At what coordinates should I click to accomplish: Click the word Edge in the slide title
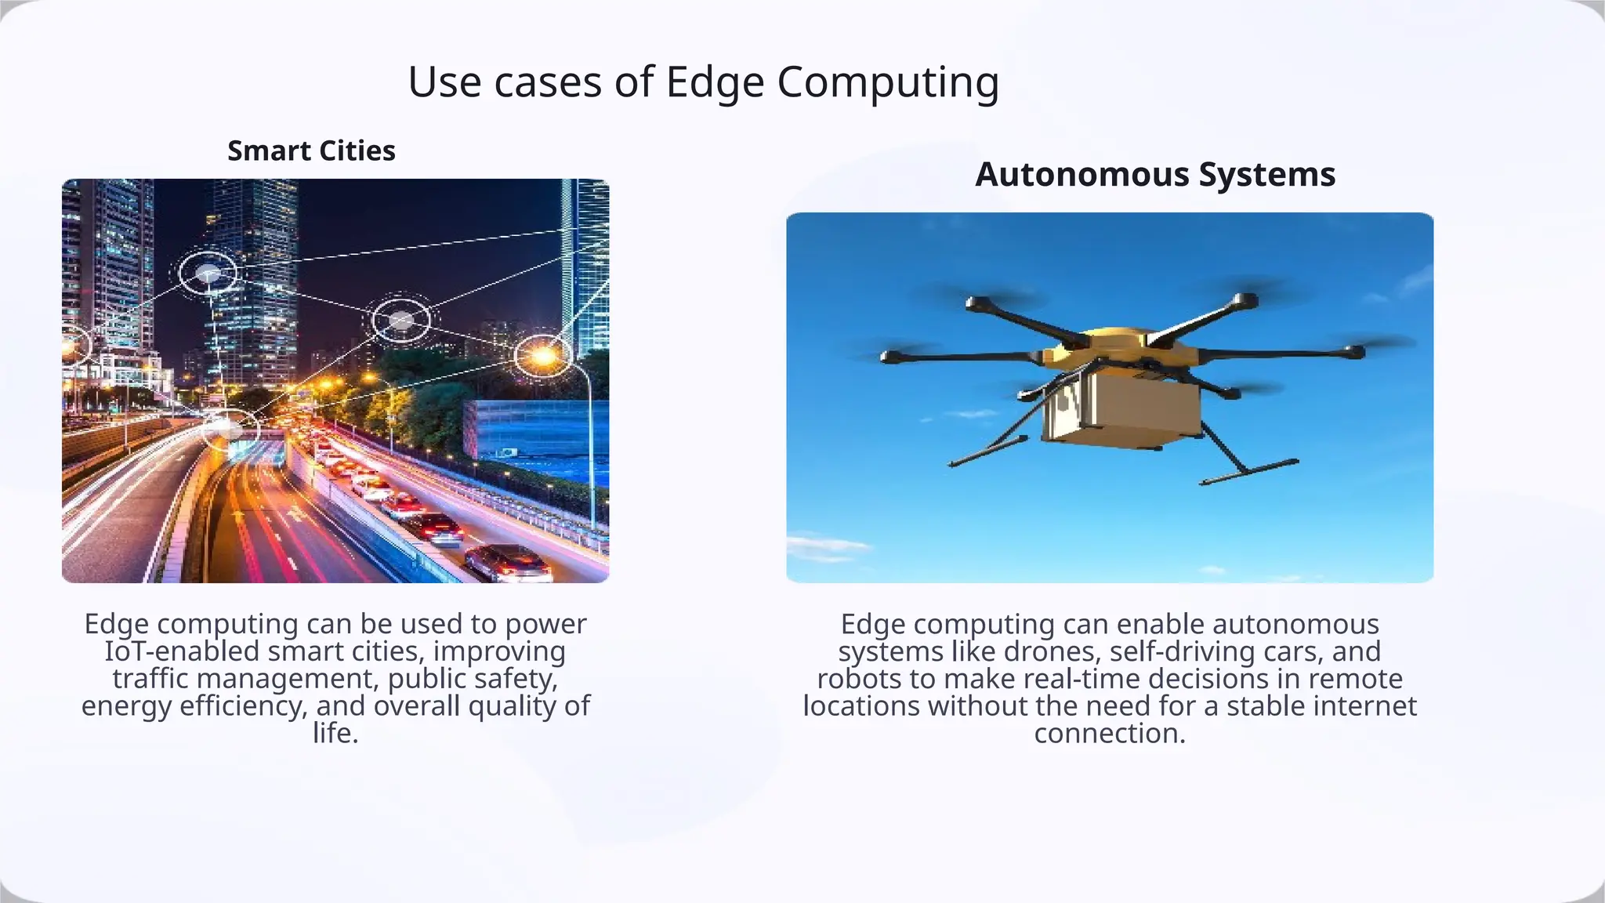pyautogui.click(x=714, y=82)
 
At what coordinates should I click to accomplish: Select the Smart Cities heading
pyautogui.click(x=311, y=150)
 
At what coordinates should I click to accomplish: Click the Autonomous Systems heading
pyautogui.click(x=1154, y=174)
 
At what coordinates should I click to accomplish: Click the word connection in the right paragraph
pyautogui.click(x=1108, y=734)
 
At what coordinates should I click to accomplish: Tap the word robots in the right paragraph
pyautogui.click(x=859, y=679)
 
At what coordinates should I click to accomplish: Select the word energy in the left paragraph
pyautogui.click(x=126, y=706)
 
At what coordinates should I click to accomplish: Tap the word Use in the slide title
pyautogui.click(x=444, y=82)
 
